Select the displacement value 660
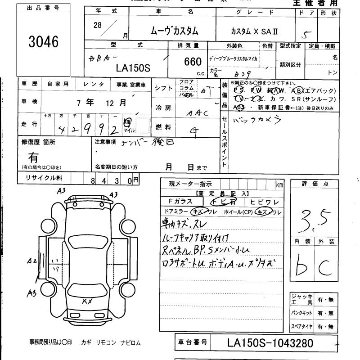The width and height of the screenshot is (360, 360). pyautogui.click(x=193, y=63)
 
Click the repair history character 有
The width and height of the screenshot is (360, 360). pyautogui.click(x=33, y=157)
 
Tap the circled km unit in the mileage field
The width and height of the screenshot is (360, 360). pyautogui.click(x=128, y=121)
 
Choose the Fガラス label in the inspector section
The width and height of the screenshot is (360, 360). pyautogui.click(x=180, y=202)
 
